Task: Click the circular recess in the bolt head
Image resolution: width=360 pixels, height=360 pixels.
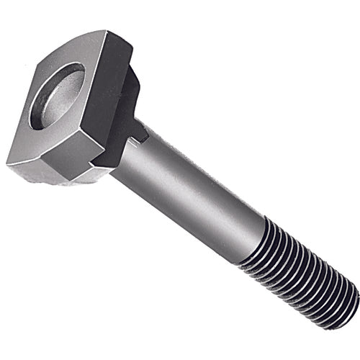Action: (57, 95)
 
